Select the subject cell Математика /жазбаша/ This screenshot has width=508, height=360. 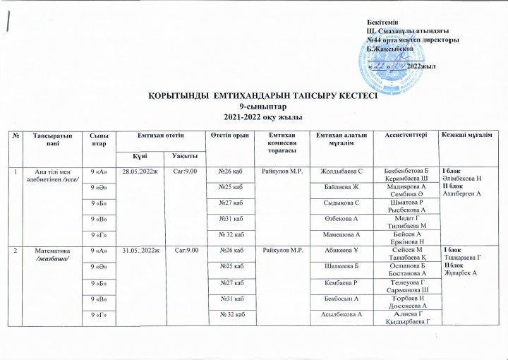pos(48,255)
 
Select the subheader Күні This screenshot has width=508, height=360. pos(142,155)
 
